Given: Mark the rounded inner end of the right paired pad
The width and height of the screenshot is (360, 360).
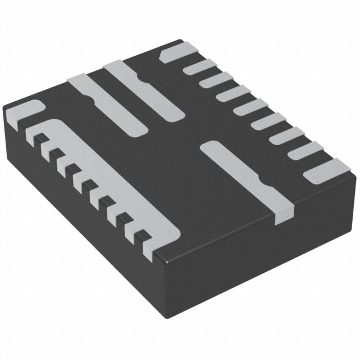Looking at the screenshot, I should click(171, 113).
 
